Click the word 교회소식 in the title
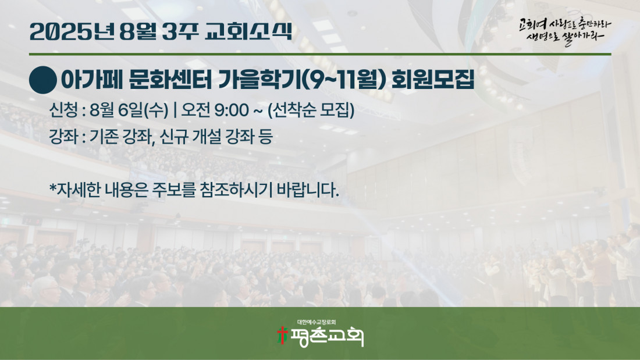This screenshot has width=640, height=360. click(x=248, y=31)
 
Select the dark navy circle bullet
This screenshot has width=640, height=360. click(x=43, y=80)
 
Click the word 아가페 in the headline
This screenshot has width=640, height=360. click(x=92, y=80)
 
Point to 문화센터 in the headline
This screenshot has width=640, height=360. click(x=170, y=80)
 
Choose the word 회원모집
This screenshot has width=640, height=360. click(x=433, y=80)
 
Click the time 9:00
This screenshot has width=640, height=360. click(x=232, y=110)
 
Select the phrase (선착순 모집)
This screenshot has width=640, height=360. click(x=311, y=110)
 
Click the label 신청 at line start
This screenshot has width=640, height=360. click(x=63, y=110)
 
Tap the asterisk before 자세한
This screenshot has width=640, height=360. click(x=52, y=187)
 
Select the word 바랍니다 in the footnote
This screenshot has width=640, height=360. click(x=307, y=190)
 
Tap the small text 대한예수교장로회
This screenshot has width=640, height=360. click(x=317, y=322)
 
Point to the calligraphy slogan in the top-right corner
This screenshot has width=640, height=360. click(x=565, y=31)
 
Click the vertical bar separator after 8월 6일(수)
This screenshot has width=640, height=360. click(x=175, y=110)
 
